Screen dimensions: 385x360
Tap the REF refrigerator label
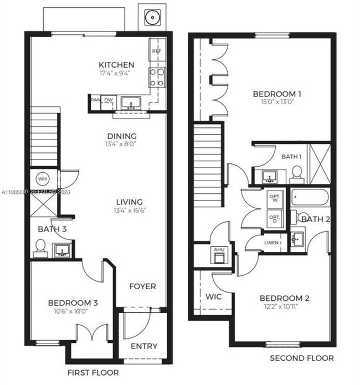pyautogui.click(x=156, y=50)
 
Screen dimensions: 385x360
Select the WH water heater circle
pyautogui.click(x=42, y=179)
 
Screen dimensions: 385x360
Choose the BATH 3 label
pyautogui.click(x=52, y=228)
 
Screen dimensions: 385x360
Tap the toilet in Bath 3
pyautogui.click(x=40, y=247)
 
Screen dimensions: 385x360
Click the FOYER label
pyautogui.click(x=142, y=286)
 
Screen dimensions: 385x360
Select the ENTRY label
pyautogui.click(x=143, y=346)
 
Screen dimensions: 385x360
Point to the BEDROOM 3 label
pyautogui.click(x=73, y=302)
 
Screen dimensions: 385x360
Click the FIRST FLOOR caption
pyautogui.click(x=92, y=372)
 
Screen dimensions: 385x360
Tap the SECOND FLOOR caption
pyautogui.click(x=301, y=358)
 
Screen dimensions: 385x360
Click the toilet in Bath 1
pyautogui.click(x=297, y=174)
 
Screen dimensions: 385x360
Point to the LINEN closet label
pyautogui.click(x=272, y=242)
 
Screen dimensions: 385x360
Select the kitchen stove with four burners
pyautogui.click(x=156, y=77)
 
